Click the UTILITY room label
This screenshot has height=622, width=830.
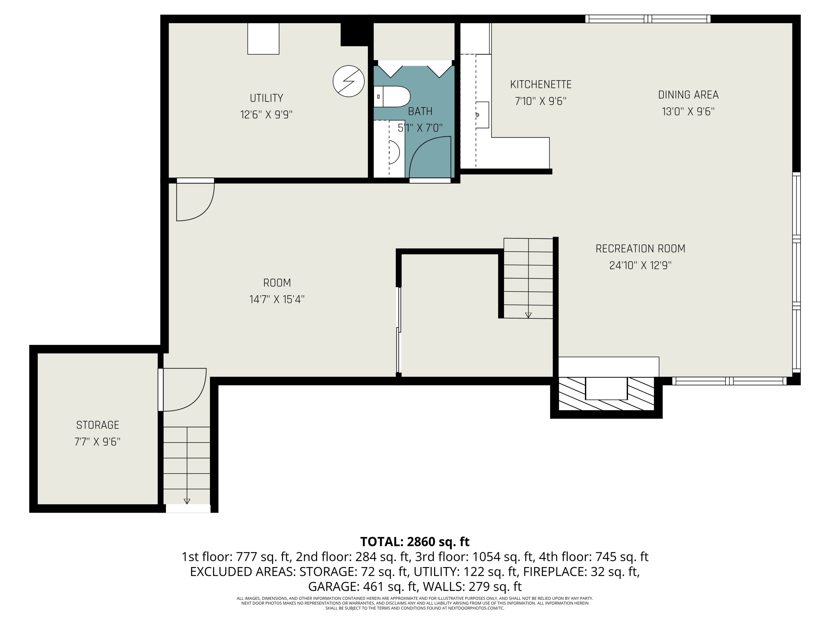pos(266,98)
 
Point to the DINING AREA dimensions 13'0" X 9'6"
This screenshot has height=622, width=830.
pos(688,112)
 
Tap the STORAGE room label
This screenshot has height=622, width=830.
pos(98,425)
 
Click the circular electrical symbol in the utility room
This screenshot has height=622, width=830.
pos(349,81)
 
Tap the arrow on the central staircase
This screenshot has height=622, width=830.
pos(528,315)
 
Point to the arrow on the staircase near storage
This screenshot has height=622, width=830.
pos(187,501)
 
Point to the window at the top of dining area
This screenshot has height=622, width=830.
pos(648,19)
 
